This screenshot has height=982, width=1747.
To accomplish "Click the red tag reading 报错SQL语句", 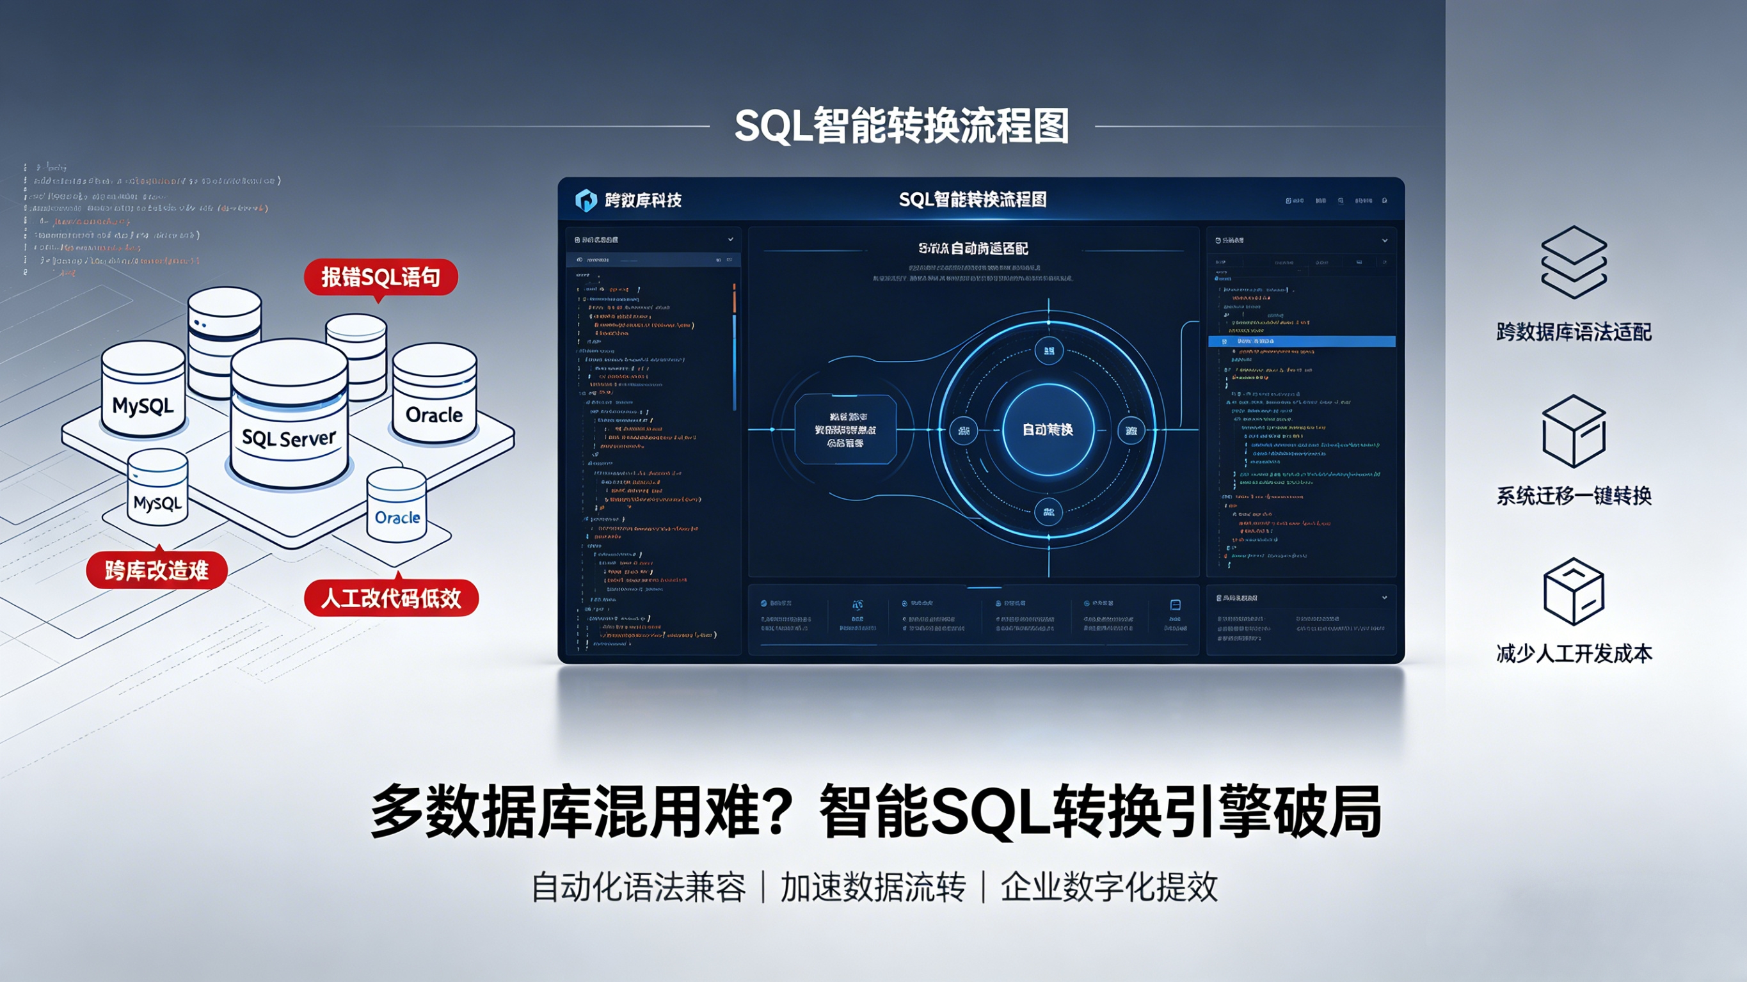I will pyautogui.click(x=381, y=277).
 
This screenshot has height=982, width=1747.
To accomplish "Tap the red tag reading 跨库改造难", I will pyautogui.click(x=157, y=571).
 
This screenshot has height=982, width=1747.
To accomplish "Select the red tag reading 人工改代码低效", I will pyautogui.click(x=391, y=598).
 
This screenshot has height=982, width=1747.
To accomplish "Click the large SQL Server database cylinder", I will pyautogui.click(x=289, y=417).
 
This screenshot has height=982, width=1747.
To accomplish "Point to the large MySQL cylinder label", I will pyautogui.click(x=143, y=406).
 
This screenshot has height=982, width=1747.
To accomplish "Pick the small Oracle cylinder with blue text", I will pyautogui.click(x=397, y=509).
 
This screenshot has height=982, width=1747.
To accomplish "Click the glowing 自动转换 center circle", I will pyautogui.click(x=1048, y=430).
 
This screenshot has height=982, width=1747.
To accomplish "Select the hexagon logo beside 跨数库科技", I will pyautogui.click(x=586, y=200).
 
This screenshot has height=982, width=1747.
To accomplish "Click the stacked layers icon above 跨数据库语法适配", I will pyautogui.click(x=1574, y=262).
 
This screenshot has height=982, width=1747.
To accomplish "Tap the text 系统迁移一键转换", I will pyautogui.click(x=1574, y=496).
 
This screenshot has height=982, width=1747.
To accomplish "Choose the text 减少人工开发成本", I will pyautogui.click(x=1574, y=653).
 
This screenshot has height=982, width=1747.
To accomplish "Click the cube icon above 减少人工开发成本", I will pyautogui.click(x=1574, y=591).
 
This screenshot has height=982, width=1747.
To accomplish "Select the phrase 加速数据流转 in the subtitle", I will pyautogui.click(x=873, y=887).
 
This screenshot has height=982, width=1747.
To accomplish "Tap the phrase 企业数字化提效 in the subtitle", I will pyautogui.click(x=1109, y=887).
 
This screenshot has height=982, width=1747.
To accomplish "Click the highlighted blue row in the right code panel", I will pyautogui.click(x=1302, y=341).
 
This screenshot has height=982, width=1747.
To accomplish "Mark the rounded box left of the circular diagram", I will pyautogui.click(x=845, y=430).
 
